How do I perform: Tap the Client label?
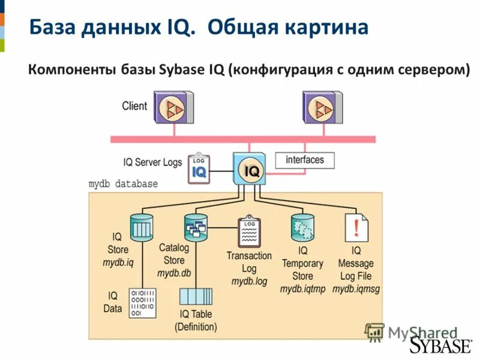(134, 106)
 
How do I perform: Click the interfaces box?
(305, 160)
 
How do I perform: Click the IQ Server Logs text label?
(152, 163)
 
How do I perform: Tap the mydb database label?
(123, 184)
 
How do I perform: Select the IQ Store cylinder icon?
(142, 227)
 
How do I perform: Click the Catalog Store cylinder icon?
(195, 227)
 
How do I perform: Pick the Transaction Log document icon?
(249, 232)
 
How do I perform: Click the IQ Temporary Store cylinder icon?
(302, 227)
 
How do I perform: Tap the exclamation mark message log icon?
(357, 228)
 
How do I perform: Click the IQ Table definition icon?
(196, 296)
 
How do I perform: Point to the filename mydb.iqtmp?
(302, 289)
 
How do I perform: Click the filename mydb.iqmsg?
(356, 289)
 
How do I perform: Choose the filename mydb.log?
(249, 281)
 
